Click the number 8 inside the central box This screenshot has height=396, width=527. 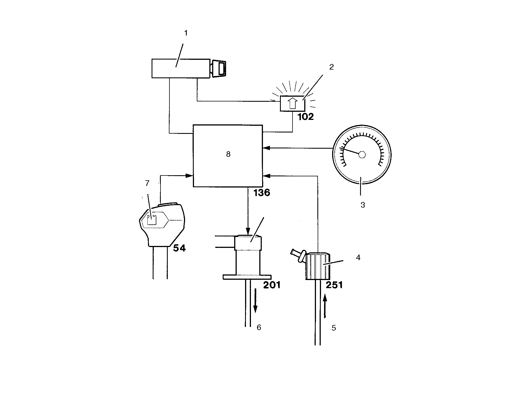pos(228,154)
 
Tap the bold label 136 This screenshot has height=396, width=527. pos(262,193)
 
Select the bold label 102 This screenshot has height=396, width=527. pos(306,117)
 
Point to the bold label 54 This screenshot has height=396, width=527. pos(179,248)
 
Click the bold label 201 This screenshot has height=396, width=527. pos(272,285)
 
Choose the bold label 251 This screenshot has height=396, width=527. pos(334,285)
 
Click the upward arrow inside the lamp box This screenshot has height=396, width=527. pos(292,104)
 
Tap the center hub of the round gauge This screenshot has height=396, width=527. pos(362,155)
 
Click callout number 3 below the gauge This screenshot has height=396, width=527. pos(363,205)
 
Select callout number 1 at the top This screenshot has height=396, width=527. pos(186,33)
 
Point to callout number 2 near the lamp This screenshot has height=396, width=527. pos(331,67)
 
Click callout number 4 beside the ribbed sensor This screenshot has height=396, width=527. pos(358,258)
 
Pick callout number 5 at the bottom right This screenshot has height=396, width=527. pos(334,328)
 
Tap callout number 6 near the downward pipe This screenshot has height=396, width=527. pos(259,328)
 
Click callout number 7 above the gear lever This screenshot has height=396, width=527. pos(147,183)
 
